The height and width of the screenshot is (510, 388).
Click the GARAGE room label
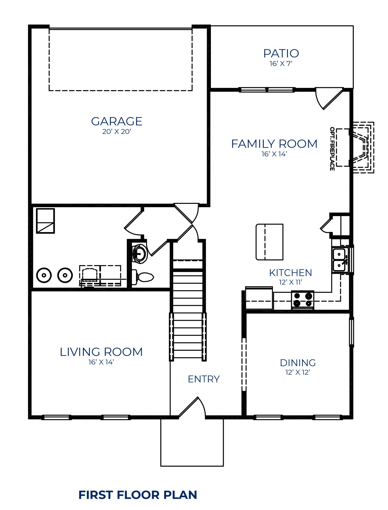pos(117,121)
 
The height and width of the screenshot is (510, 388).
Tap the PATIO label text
pos(281,53)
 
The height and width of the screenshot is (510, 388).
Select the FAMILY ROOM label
pos(274,144)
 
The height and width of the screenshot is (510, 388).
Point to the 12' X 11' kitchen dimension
pos(291,282)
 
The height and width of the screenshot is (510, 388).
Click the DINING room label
pos(298,363)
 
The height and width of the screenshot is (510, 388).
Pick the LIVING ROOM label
pos(101,352)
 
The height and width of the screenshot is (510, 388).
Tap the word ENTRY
pos(204,379)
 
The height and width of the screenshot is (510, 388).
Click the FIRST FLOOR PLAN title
pos(138,495)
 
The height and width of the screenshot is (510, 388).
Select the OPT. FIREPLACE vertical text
pos(332,149)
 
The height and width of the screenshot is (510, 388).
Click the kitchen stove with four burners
pos(303,300)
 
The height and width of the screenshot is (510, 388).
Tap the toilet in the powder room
pos(143,277)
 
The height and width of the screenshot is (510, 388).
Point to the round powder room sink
pos(140,253)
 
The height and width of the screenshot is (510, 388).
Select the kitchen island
pos(269,242)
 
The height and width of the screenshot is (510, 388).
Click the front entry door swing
pos(192,407)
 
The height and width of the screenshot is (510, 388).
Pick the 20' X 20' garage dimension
pos(117,132)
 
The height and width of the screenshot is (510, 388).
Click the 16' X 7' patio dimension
pos(281,64)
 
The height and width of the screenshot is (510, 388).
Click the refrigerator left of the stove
pos(259,298)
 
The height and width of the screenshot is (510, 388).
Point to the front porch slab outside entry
pos(192,442)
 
